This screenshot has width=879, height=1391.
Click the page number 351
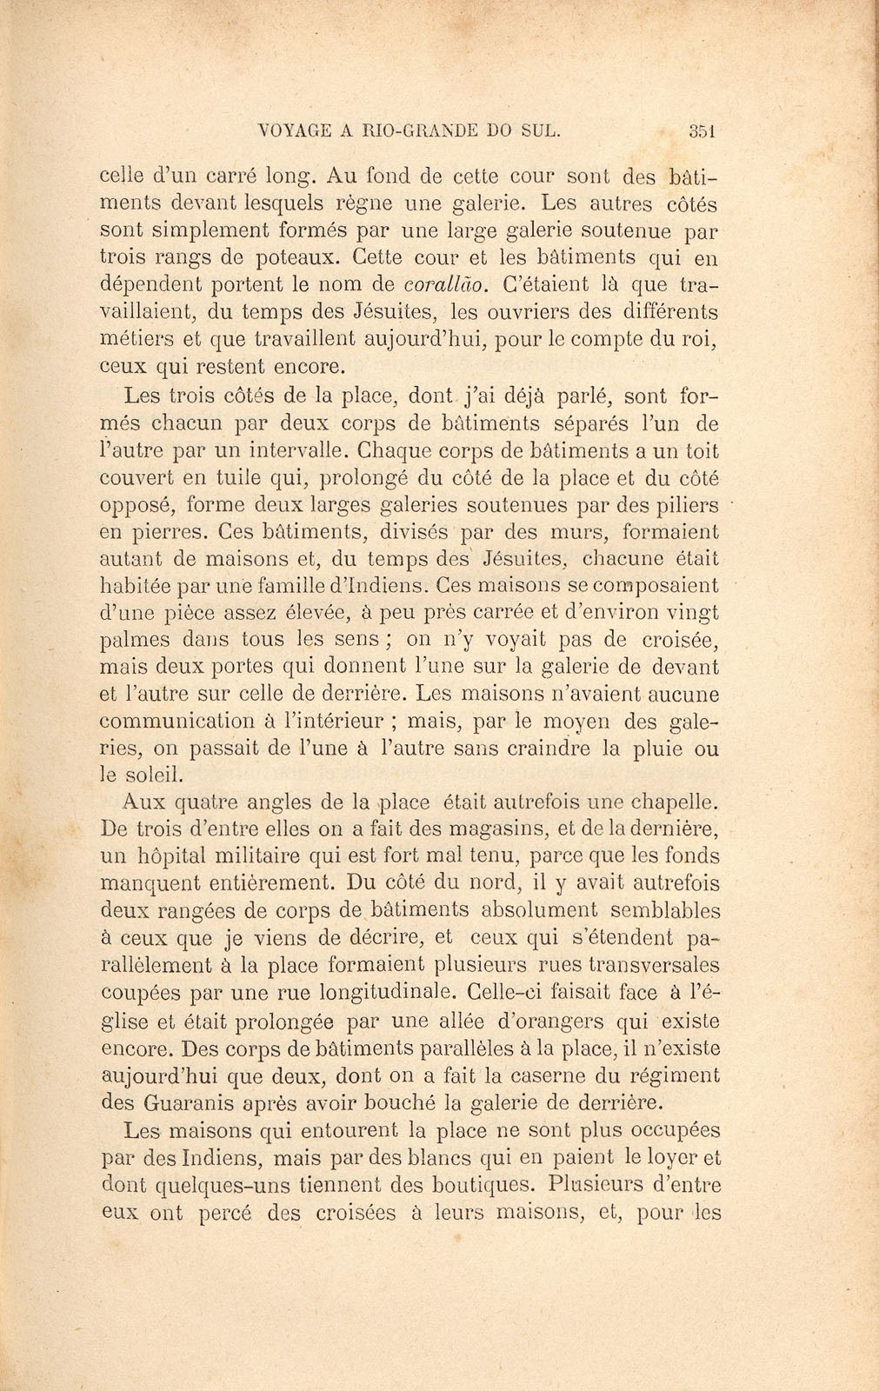click(x=700, y=131)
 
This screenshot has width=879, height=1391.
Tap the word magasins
click(x=418, y=829)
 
